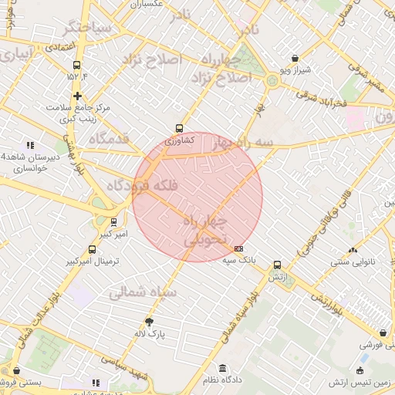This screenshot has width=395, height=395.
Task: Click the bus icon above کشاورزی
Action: point(180,129)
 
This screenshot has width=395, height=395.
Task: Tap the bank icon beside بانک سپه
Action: point(238,248)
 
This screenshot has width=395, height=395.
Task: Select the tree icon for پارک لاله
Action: point(149,322)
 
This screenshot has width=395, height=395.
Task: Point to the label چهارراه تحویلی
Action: point(205,231)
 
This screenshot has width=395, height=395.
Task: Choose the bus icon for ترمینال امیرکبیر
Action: point(93,250)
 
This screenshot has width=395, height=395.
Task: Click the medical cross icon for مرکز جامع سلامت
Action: point(77,96)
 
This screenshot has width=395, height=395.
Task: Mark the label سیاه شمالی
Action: point(143,292)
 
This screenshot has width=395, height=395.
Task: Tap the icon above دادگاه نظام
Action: point(223,368)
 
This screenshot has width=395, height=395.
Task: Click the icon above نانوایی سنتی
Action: point(353,249)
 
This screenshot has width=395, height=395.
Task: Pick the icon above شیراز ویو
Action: point(295,58)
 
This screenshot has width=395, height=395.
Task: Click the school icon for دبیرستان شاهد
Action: point(31,144)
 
